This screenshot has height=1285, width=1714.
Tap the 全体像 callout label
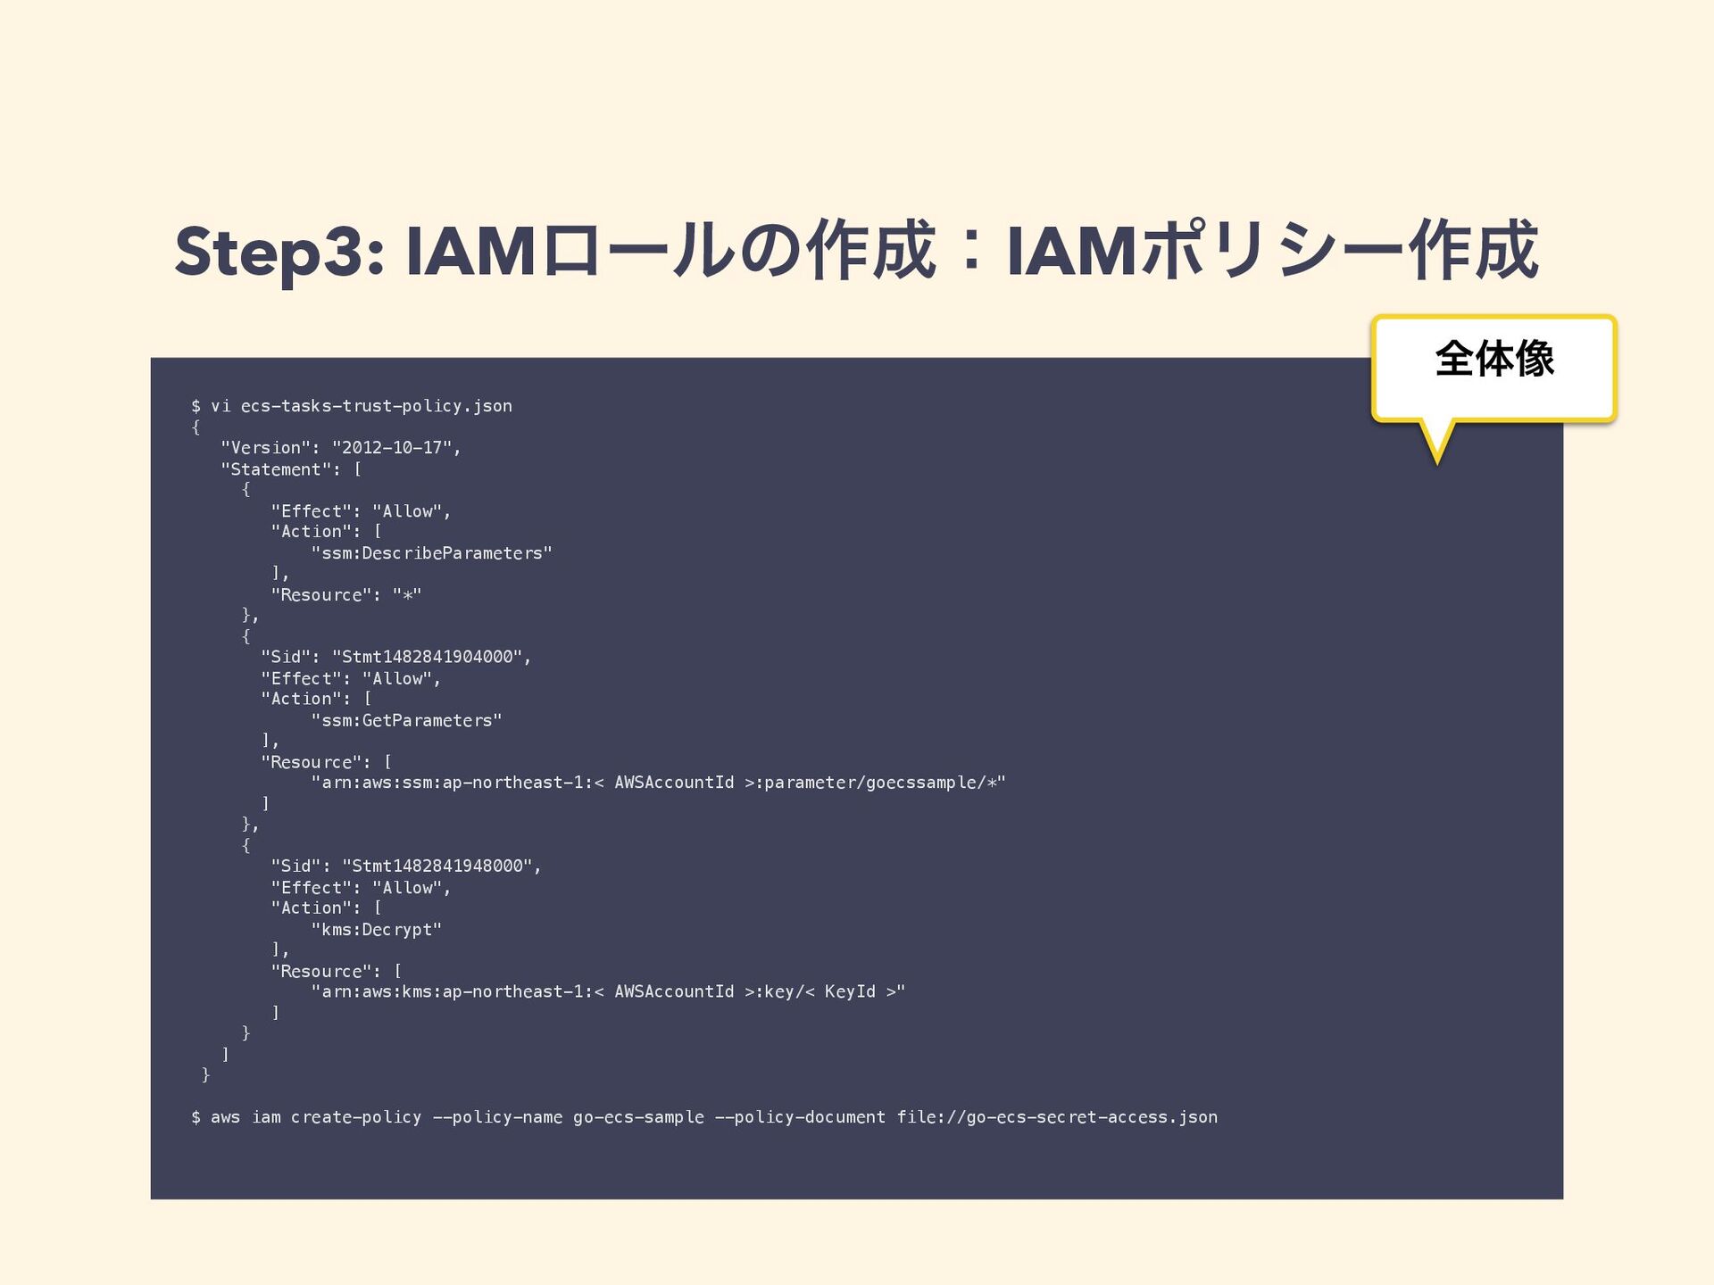click(x=1494, y=360)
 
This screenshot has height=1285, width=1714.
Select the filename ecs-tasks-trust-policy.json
click(x=376, y=406)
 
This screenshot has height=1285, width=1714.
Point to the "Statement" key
click(x=276, y=469)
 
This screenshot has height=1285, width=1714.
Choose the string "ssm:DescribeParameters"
click(x=431, y=553)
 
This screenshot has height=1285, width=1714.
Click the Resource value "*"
click(x=406, y=595)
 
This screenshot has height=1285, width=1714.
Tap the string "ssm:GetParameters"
click(x=406, y=720)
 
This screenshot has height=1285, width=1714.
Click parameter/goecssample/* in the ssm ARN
click(x=879, y=783)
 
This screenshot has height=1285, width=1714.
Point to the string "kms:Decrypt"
click(x=376, y=930)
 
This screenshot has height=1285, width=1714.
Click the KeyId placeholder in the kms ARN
click(x=850, y=992)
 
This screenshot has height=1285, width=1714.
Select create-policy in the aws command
click(x=355, y=1117)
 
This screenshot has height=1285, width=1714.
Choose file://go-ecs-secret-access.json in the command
click(x=1057, y=1117)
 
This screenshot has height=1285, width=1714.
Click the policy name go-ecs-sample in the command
click(x=637, y=1117)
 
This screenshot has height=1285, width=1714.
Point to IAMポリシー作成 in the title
click(x=1273, y=253)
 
